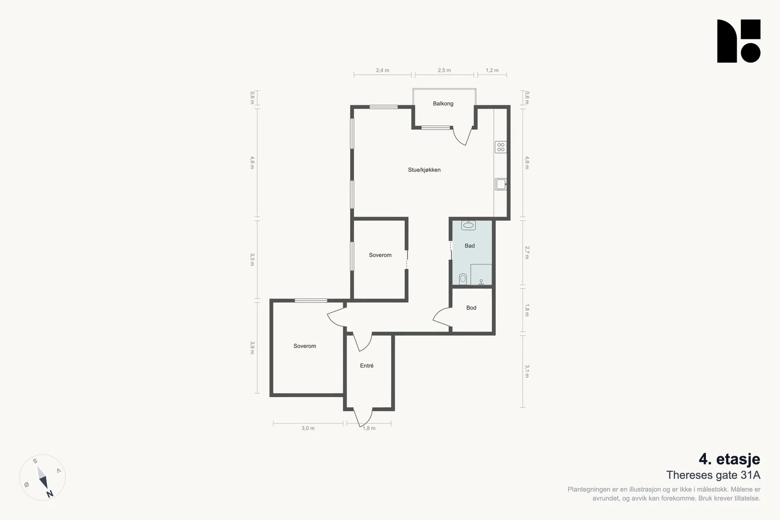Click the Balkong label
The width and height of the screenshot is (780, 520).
443,103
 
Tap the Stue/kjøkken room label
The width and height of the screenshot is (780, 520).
424,170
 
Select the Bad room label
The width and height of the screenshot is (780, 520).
469,246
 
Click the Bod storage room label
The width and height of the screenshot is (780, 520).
471,308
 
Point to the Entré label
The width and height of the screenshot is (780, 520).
367,366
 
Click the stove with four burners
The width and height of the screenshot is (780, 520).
501,147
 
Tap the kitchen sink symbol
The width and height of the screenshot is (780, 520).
501,184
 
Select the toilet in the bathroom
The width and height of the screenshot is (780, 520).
463,279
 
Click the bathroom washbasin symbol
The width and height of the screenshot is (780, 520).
468,225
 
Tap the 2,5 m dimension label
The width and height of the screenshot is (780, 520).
444,70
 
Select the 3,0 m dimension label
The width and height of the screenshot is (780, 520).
308,428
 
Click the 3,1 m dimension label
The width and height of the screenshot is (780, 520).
527,371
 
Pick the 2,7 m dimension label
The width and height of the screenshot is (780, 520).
527,253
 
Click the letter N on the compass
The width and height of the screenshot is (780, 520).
50,494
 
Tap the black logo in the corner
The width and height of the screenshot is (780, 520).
739,41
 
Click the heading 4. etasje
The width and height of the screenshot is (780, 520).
729,459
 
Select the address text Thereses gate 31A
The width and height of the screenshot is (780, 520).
713,475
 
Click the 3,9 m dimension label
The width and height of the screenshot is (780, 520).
252,347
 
